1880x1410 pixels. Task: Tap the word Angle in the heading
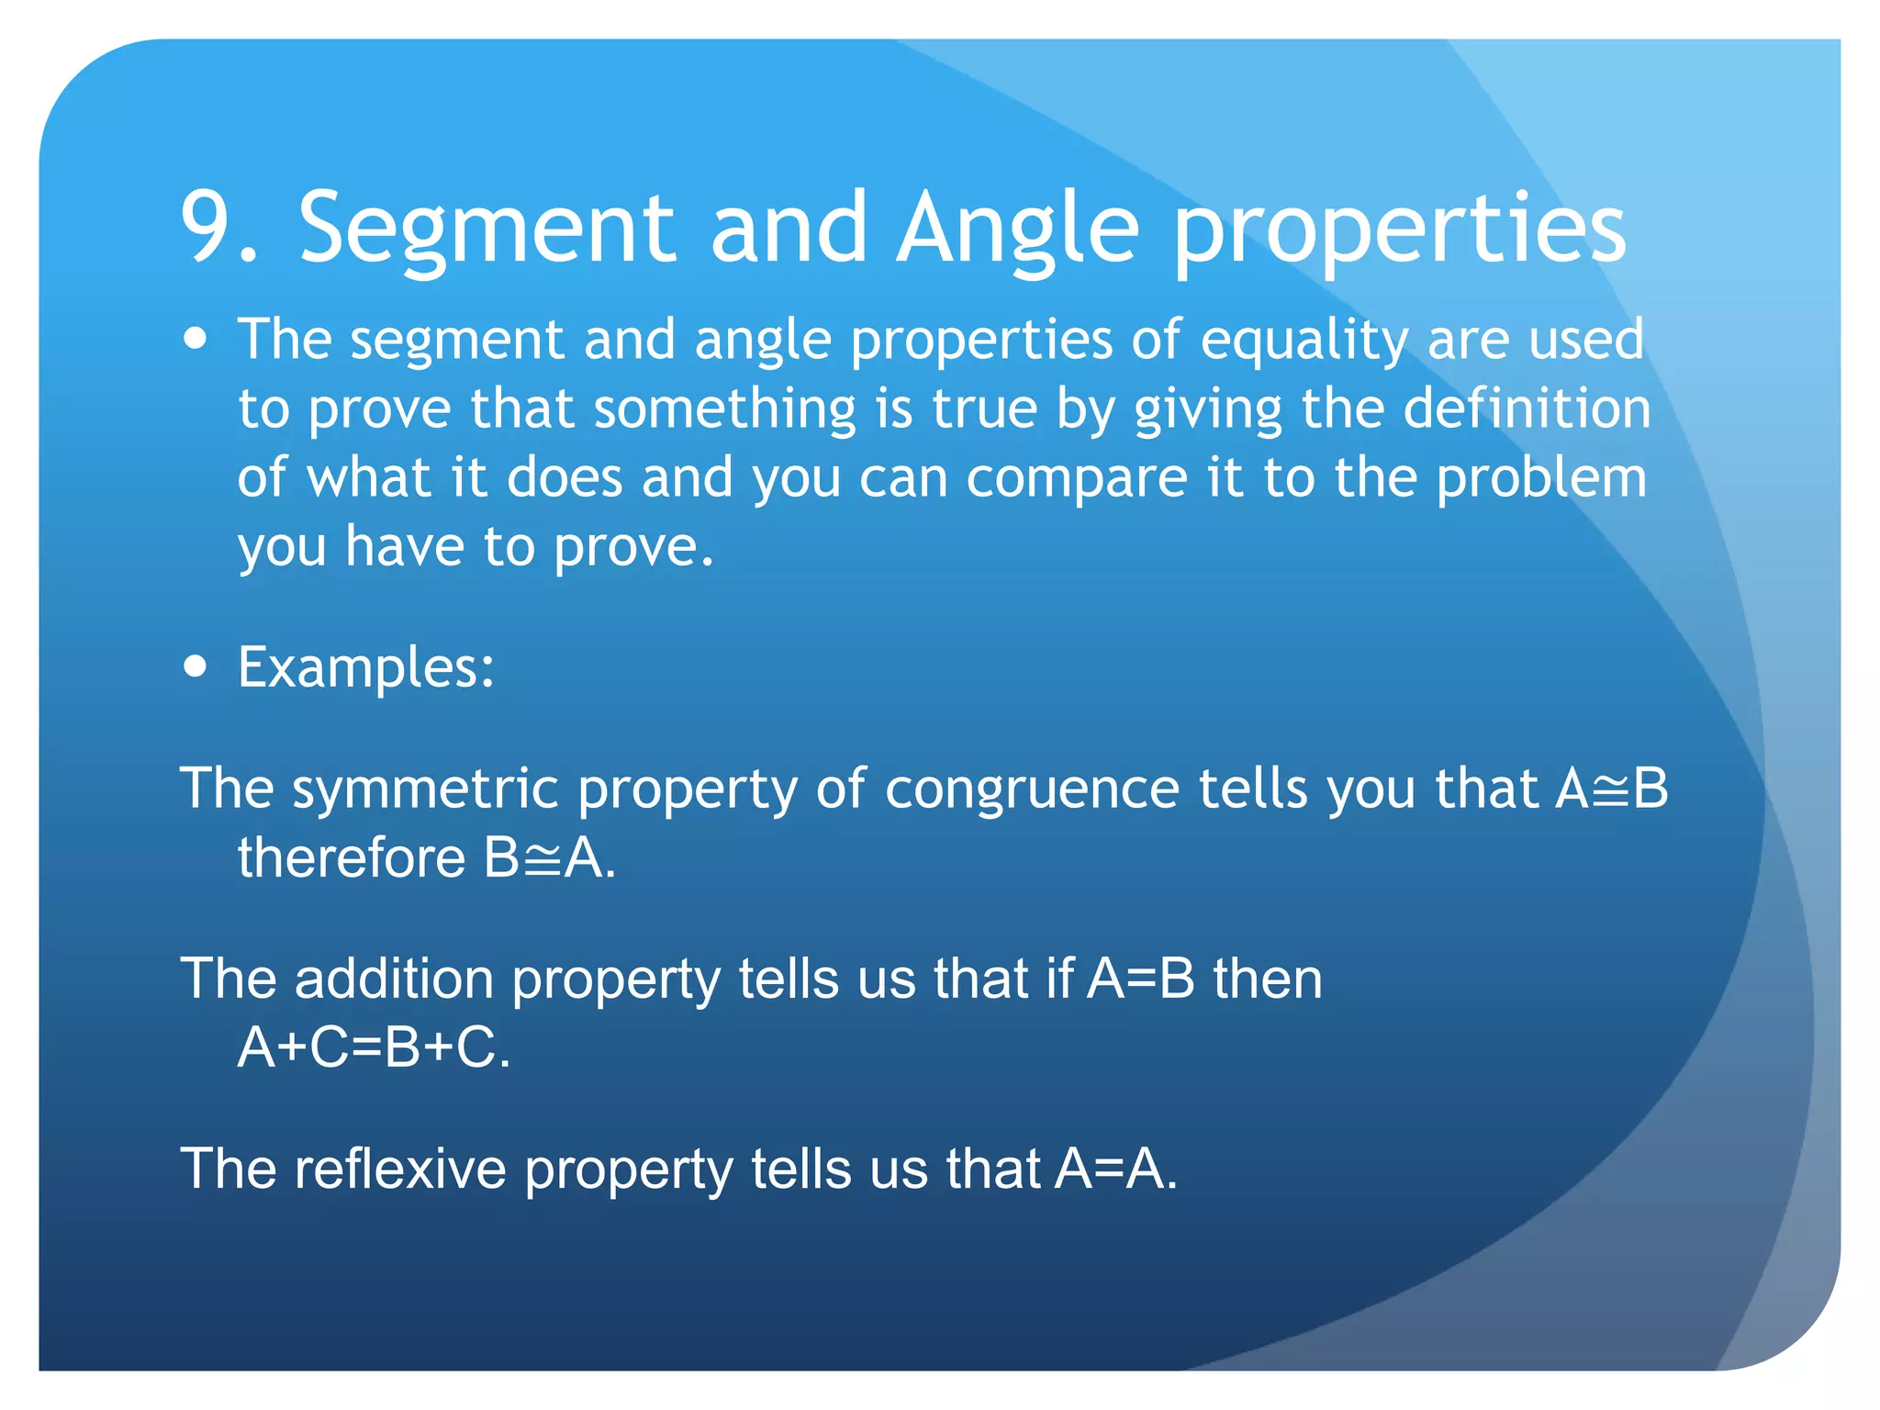[x=1018, y=229]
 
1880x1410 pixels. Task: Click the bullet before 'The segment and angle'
[x=195, y=339]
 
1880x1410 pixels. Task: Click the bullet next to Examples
[x=195, y=666]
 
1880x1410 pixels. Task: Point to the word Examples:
[x=366, y=667]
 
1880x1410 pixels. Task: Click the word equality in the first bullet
[x=1304, y=341]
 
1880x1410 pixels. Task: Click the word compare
[x=1077, y=479]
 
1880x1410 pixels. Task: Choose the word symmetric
[x=425, y=789]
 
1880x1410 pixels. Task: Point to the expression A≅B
[x=1612, y=789]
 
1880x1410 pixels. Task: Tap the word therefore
[x=352, y=858]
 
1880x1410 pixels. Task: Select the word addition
[x=394, y=979]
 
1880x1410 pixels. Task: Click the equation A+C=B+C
[x=372, y=1047]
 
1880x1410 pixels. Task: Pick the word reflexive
[x=400, y=1169]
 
